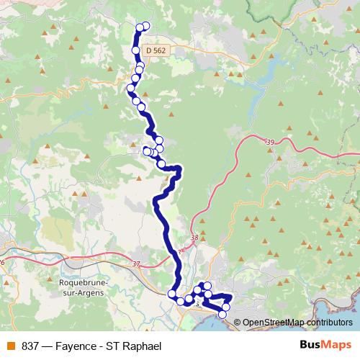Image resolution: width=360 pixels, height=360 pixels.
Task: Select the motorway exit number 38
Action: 194,238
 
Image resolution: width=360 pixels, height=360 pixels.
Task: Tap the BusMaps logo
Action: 324,346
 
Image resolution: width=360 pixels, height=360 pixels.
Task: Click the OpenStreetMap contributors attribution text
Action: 297,322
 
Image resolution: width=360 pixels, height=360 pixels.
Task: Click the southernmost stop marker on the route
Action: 222,315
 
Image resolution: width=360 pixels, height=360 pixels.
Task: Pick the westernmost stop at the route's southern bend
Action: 172,293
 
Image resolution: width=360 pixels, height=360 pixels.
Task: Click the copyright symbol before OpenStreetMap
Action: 238,322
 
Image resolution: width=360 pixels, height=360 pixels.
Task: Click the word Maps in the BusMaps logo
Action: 334,346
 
